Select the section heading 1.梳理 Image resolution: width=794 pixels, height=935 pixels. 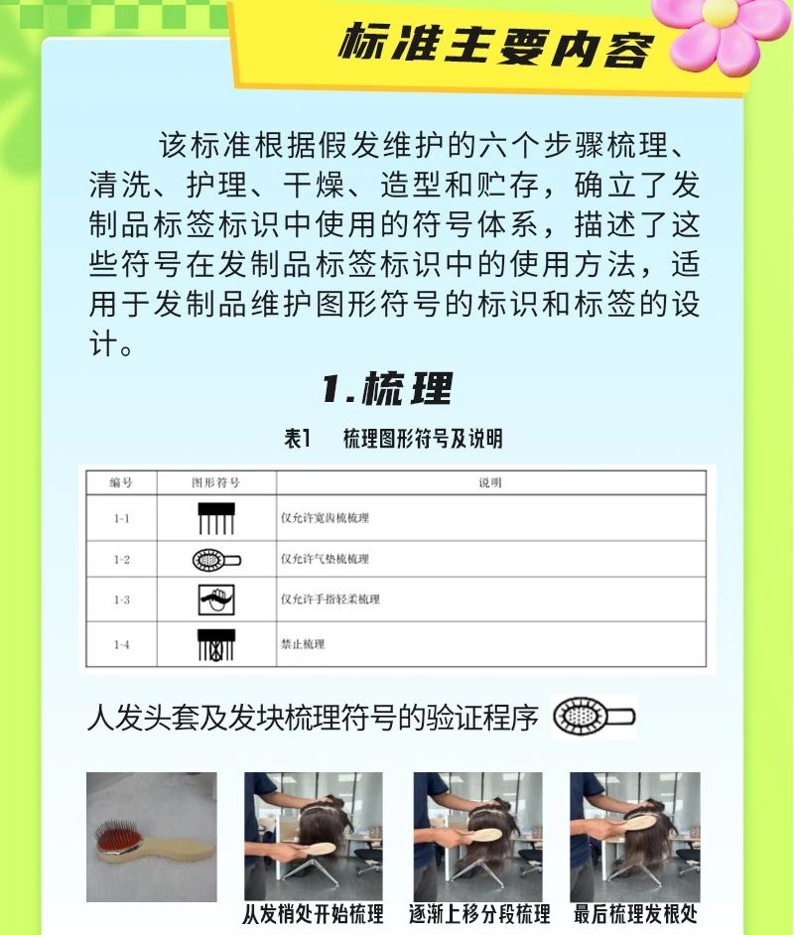[x=387, y=388]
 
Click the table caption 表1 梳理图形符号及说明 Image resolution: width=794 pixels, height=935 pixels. [x=393, y=439]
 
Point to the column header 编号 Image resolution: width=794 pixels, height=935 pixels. [x=121, y=482]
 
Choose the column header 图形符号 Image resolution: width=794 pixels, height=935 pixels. [x=215, y=482]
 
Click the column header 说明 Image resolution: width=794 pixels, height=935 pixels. [x=490, y=482]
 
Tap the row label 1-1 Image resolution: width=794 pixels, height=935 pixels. [x=122, y=518]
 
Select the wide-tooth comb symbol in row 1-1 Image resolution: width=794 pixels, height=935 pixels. [x=216, y=518]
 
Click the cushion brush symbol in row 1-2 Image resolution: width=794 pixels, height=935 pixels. [x=216, y=560]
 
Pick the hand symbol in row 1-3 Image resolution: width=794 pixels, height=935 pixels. [x=216, y=600]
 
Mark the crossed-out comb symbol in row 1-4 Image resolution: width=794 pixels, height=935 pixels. [x=216, y=644]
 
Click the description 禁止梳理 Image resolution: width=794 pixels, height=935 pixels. [x=303, y=644]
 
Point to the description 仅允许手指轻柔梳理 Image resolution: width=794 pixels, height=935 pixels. [x=331, y=599]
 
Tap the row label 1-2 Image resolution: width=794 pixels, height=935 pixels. [x=122, y=560]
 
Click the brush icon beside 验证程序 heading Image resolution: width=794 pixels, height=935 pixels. [x=594, y=717]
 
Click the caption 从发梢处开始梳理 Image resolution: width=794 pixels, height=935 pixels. [x=313, y=914]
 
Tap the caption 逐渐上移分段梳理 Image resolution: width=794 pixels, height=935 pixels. [x=479, y=914]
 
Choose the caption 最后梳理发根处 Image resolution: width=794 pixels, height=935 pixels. [x=635, y=914]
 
